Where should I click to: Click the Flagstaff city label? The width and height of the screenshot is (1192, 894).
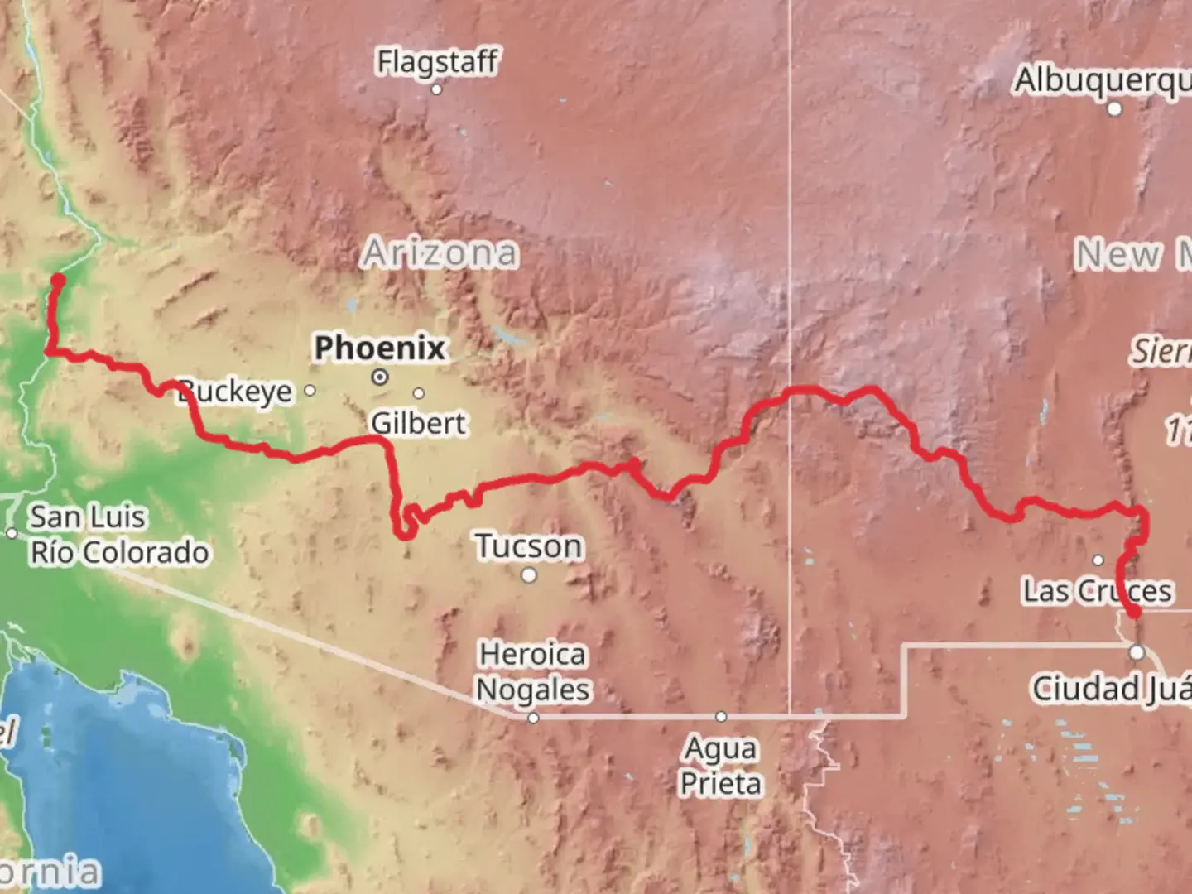coord(437,61)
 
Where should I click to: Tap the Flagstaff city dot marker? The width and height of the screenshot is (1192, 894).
coord(436,89)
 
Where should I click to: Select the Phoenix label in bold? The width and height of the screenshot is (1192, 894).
coord(380,348)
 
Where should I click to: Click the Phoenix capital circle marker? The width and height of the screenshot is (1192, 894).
coord(380,377)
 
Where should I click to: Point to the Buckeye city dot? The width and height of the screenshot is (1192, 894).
coord(310,390)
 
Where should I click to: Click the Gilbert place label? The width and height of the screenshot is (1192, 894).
coord(419,423)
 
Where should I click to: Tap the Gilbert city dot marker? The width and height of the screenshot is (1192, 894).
coord(419,393)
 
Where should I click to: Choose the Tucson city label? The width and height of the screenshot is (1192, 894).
coord(529,546)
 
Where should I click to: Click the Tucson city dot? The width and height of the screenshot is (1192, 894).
coord(529,575)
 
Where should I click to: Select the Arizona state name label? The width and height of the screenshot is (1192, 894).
coord(440,252)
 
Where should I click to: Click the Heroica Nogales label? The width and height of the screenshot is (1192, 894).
coord(534,671)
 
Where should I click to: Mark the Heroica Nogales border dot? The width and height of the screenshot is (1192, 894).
coord(533,718)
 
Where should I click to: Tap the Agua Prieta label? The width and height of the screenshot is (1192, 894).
coord(721,766)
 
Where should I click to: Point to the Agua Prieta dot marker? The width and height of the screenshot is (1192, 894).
coord(721,716)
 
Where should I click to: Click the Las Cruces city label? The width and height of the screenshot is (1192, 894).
coord(1098,591)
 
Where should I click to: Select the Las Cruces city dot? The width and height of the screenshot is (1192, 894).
coord(1098,560)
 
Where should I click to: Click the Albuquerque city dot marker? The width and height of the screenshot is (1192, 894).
coord(1115,108)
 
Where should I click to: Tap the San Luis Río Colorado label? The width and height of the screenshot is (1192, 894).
coord(119,535)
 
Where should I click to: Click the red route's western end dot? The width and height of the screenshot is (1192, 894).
coord(58,280)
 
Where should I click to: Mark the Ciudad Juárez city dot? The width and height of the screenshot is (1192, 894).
coord(1137,652)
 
